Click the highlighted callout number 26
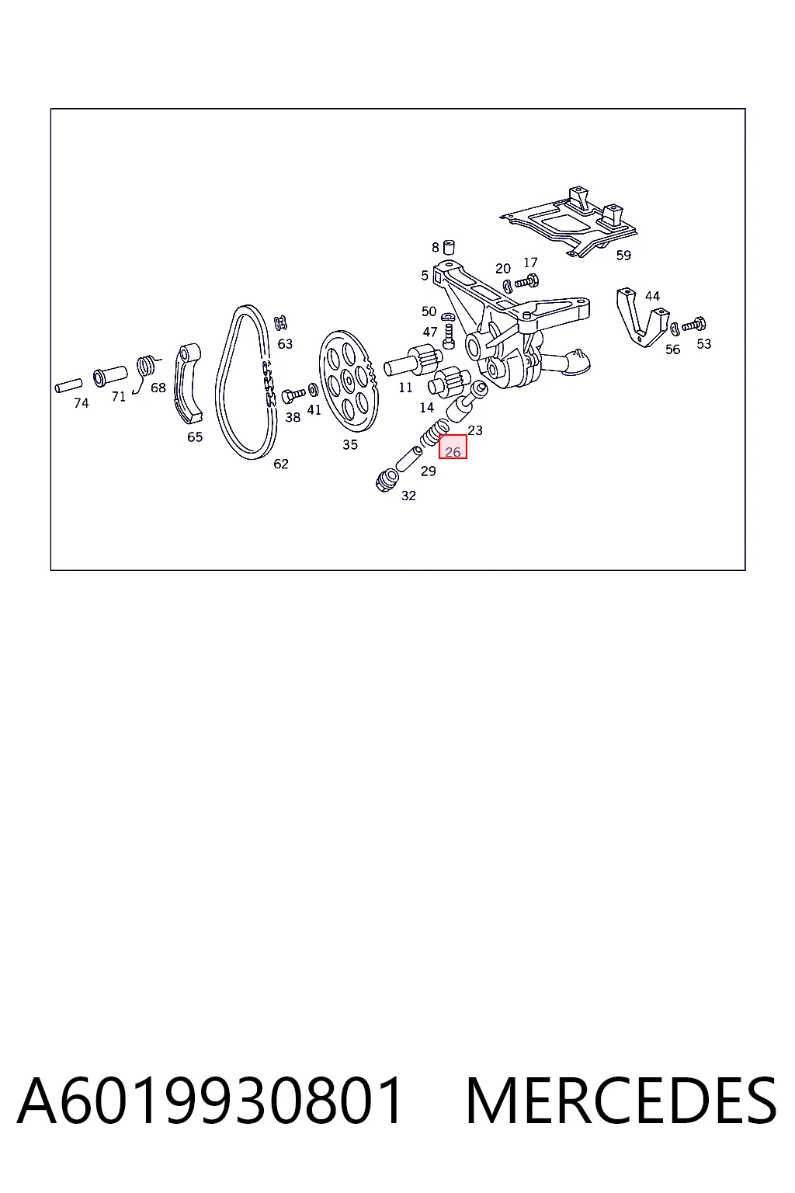[x=453, y=452]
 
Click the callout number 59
[x=623, y=255]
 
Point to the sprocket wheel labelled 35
[x=349, y=381]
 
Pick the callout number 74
[x=82, y=403]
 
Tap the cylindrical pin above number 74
[x=68, y=385]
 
